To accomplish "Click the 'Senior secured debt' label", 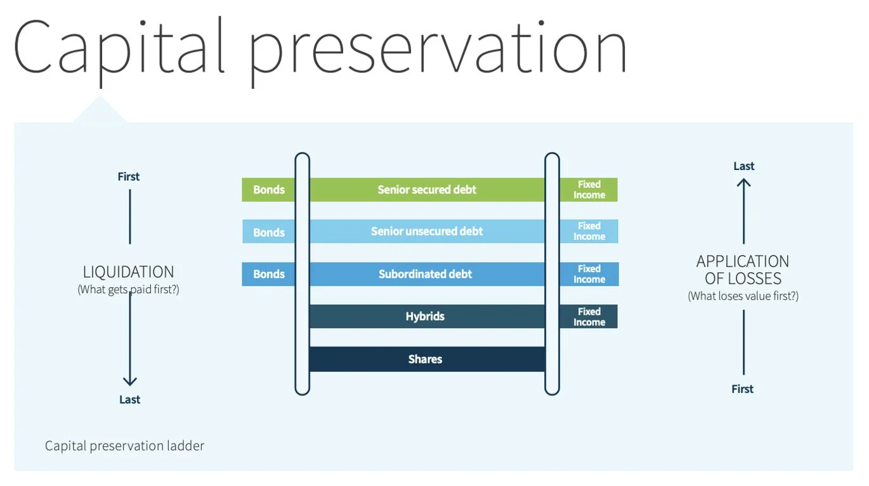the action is [x=427, y=190].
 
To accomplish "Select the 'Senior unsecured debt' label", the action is [x=427, y=232].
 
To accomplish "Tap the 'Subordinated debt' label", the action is [x=425, y=274].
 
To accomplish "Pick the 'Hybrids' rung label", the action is [x=425, y=317].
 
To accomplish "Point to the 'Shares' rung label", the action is [x=425, y=359].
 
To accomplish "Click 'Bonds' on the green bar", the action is [x=269, y=190].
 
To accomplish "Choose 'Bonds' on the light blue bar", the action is [x=269, y=232].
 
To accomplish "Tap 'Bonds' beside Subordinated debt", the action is [x=269, y=274].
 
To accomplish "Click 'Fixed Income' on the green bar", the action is [x=589, y=190].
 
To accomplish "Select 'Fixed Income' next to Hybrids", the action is [x=589, y=317].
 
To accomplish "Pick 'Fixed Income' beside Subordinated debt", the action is [x=589, y=274].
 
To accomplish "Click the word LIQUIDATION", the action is [x=128, y=272].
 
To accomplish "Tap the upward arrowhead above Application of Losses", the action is [x=743, y=183].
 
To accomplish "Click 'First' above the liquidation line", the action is [x=128, y=176].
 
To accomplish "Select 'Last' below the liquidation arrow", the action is [x=129, y=400].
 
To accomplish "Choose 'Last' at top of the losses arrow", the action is [x=743, y=166].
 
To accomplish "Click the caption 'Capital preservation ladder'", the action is [x=124, y=445].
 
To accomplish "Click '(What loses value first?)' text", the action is [x=743, y=296].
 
